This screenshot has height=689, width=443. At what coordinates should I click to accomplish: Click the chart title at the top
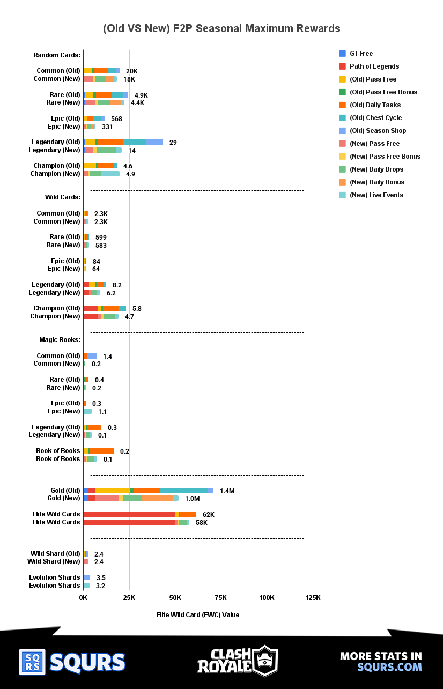[x=222, y=28]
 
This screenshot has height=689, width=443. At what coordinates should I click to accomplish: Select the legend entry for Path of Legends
[x=374, y=66]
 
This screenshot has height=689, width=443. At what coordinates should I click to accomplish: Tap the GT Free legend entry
[x=361, y=54]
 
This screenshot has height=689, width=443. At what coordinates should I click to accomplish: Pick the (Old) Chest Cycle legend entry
[x=375, y=118]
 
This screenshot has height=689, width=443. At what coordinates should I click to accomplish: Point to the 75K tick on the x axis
[x=221, y=598]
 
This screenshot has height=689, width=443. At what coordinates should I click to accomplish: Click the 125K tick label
[x=313, y=598]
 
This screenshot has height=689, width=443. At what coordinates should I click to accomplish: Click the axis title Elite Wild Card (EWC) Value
[x=198, y=615]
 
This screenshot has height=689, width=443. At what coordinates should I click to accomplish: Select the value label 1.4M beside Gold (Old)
[x=227, y=491]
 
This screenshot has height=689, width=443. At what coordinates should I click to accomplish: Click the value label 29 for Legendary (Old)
[x=173, y=142]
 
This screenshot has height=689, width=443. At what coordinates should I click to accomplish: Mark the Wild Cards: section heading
[x=62, y=197]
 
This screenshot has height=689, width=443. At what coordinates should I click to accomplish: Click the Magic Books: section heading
[x=60, y=340]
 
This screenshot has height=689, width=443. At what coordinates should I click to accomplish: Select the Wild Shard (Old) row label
[x=55, y=554]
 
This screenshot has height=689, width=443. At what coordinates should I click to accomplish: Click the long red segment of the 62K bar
[x=129, y=514]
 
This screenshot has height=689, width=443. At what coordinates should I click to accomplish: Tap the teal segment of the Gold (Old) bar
[x=183, y=491]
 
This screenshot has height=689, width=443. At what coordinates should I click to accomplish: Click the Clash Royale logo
[x=237, y=661]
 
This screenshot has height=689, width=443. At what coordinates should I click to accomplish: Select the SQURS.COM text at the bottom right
[x=389, y=667]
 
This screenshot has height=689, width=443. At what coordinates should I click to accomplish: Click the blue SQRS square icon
[x=32, y=662]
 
